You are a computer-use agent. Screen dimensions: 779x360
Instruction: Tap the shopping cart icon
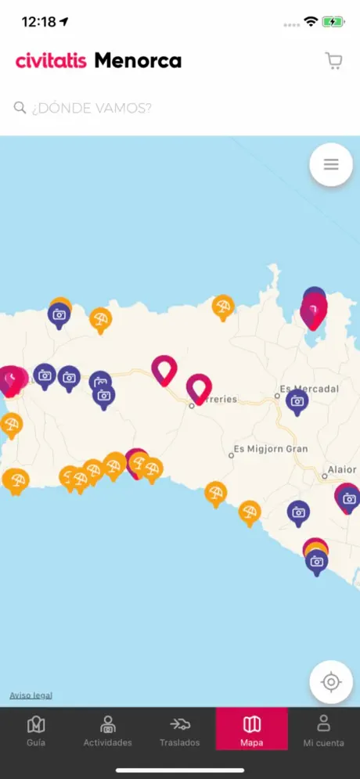[334, 62]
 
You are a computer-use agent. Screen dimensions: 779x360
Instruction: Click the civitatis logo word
[51, 60]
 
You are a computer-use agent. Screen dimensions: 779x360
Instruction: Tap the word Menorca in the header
[138, 60]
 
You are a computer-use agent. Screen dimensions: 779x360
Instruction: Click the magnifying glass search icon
[20, 107]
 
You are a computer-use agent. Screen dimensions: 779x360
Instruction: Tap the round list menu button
[331, 164]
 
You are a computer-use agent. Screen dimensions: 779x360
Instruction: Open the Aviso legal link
[31, 695]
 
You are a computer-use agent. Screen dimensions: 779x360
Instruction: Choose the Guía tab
[36, 731]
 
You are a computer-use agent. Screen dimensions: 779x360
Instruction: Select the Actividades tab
[108, 731]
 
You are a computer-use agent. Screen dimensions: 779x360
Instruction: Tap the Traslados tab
[180, 731]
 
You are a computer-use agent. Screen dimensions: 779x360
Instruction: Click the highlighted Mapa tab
[252, 731]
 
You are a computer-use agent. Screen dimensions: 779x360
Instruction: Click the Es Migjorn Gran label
[271, 450]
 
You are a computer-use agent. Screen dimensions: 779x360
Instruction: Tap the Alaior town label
[342, 470]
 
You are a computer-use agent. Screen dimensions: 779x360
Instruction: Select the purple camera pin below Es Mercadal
[297, 401]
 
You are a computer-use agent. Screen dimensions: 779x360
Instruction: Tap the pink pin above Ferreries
[199, 386]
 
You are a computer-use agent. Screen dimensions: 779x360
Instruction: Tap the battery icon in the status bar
[334, 21]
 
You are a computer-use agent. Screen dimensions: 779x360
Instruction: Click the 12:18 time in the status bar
[38, 21]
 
